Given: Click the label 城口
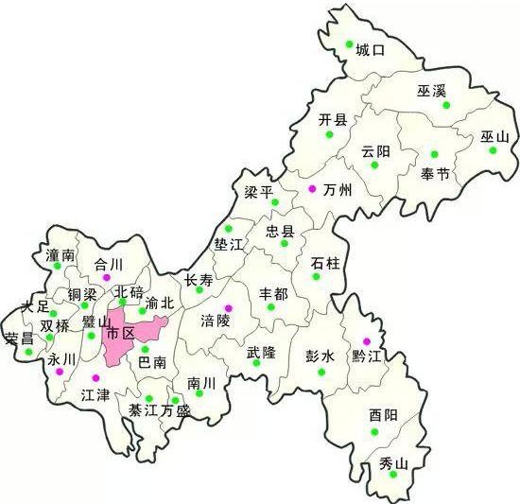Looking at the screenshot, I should pos(371,50).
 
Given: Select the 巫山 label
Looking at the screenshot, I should pos(494,137).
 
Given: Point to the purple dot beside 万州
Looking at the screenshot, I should pos(312,189).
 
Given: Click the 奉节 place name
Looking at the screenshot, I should pos(436,174).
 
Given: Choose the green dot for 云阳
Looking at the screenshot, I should pos(374,165).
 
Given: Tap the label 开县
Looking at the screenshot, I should pos(333,119).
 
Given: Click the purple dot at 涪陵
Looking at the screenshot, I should pos(228,308).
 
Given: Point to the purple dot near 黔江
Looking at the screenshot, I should pos(368,341).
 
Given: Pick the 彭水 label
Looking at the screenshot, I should pos(321,356).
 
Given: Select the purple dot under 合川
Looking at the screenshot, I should pos(107,277).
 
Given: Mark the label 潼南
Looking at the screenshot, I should pos(61,255).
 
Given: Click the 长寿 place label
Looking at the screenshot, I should pos(199,280).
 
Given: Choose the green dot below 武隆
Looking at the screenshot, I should pos(255,362).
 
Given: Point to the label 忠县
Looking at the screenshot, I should pos(280,231).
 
